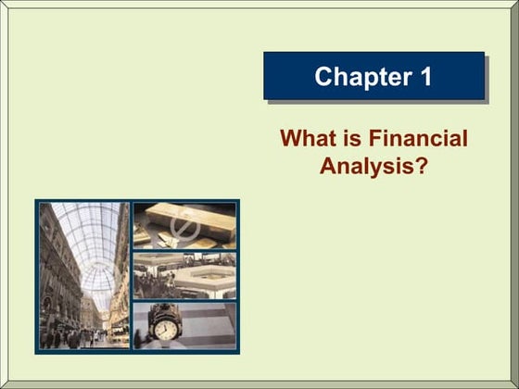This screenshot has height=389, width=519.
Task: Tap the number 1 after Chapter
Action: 424,76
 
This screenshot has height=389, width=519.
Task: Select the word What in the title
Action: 305,140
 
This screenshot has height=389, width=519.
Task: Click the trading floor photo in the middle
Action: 184,275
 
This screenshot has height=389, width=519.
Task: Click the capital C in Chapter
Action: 323,76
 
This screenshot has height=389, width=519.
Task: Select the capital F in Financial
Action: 375,140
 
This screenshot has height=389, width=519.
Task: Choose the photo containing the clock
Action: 184,324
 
